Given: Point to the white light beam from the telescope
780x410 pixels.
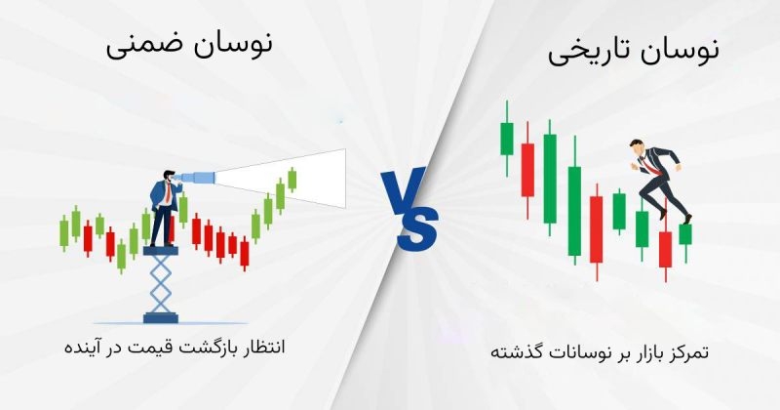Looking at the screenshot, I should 292,176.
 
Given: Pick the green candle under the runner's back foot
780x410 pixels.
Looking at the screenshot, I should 685,233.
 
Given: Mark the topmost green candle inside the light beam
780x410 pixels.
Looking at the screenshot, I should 292,179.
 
